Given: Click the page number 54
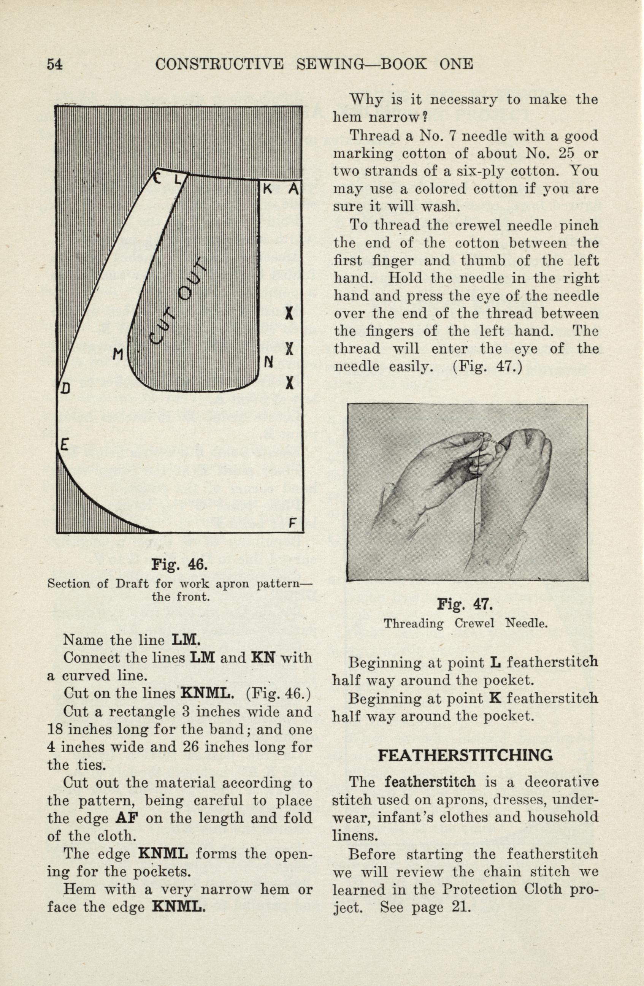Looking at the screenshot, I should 54,64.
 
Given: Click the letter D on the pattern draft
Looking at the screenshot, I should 65,388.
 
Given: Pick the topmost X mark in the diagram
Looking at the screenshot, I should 290,314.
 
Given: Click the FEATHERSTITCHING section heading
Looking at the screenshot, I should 465,755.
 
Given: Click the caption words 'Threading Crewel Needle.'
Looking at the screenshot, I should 465,624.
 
